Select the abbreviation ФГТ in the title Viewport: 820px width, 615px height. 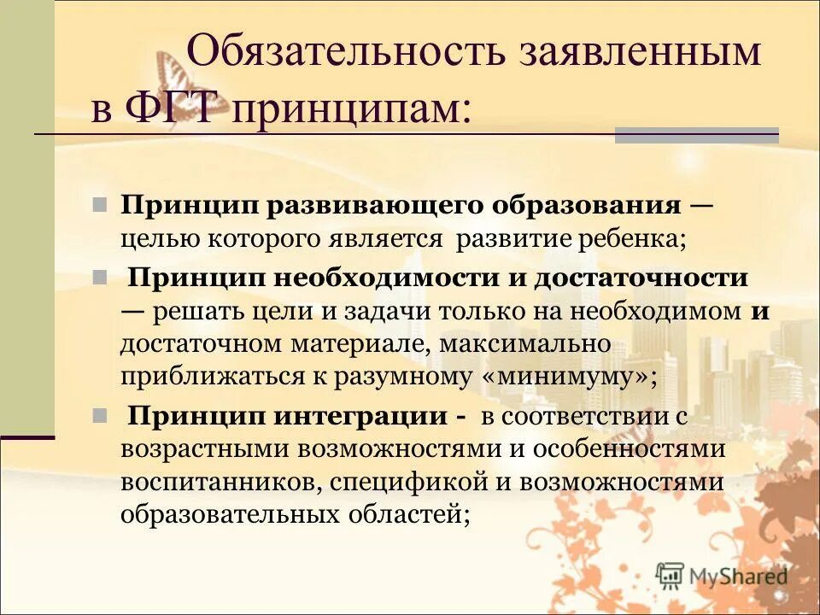pos(175,109)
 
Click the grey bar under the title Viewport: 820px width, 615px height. pos(696,134)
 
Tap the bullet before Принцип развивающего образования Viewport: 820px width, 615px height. pos(99,205)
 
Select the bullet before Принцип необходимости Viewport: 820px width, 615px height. pos(99,278)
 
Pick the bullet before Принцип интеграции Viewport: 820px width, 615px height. pos(99,416)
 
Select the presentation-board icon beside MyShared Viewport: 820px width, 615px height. pos(671,575)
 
